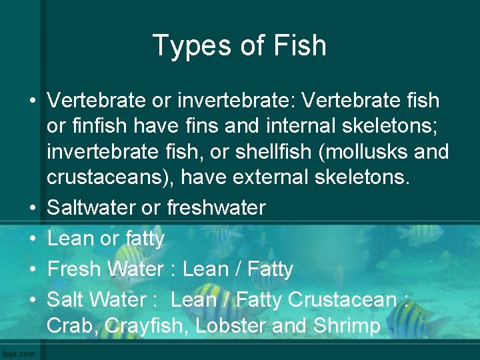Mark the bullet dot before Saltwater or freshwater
pos(32,208)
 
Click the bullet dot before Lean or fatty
pos(32,239)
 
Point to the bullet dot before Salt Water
pos(32,301)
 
